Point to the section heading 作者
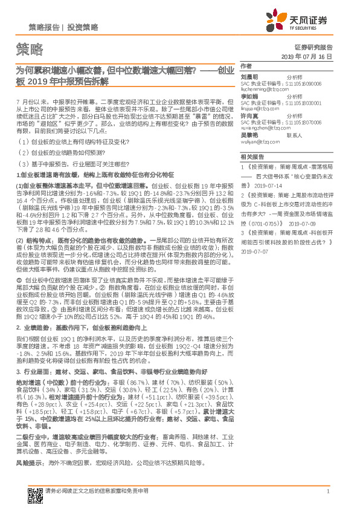[245, 65]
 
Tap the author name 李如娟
[250, 96]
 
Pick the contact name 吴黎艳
[250, 135]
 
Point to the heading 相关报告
[249, 156]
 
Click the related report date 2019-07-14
[266, 187]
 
